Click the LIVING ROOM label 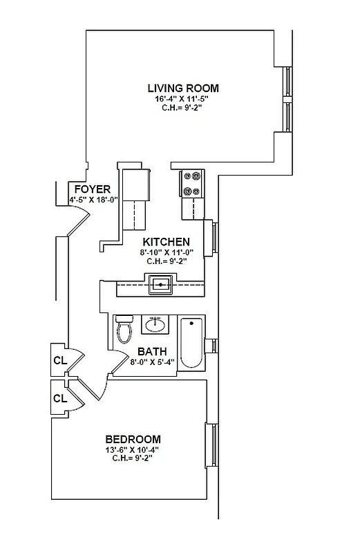[x=183, y=88]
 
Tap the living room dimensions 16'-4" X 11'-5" [x=183, y=99]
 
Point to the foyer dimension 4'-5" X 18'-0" [x=94, y=200]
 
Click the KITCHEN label [x=166, y=242]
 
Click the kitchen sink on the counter [x=161, y=285]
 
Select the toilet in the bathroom [x=124, y=329]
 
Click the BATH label [x=151, y=350]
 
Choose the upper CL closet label [x=60, y=361]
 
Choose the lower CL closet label [x=60, y=398]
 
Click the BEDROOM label [x=133, y=439]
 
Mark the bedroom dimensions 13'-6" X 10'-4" [x=133, y=450]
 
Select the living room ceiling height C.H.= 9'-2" [x=183, y=109]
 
